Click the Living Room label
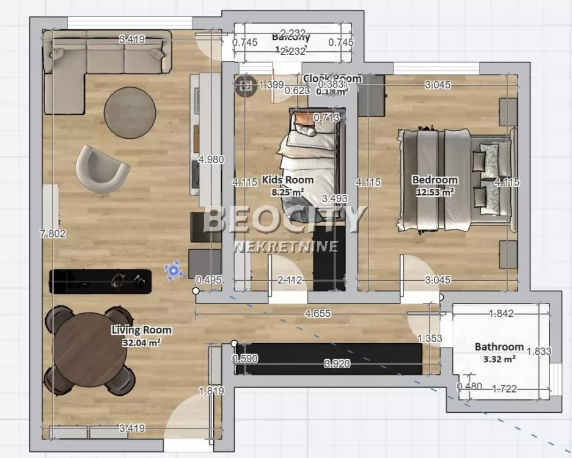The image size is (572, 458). point(141,330)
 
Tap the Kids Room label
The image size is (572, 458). point(287,180)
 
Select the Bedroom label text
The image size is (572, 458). point(435,180)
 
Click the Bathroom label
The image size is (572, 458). point(499,346)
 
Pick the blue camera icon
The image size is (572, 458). point(174,270)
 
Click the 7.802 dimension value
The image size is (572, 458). point(52,233)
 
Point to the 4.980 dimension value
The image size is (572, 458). point(211,160)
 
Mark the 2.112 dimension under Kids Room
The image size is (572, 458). point(290,280)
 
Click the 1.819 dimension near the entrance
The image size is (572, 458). point(211,391)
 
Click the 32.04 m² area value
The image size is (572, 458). point(141,343)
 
